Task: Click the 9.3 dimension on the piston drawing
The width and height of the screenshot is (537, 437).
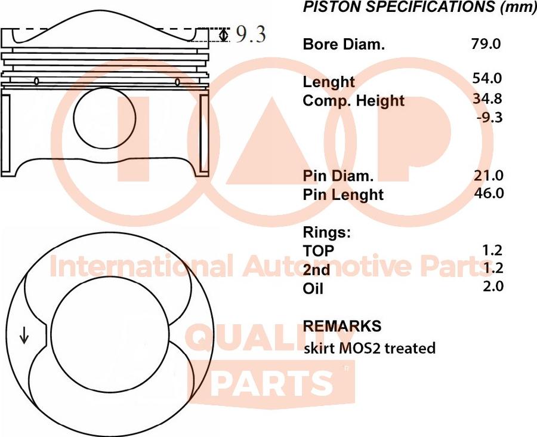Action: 251,35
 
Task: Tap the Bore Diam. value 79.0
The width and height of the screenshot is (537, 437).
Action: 486,44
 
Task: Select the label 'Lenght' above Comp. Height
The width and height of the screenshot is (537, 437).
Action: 329,82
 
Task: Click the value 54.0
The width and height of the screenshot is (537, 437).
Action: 488,78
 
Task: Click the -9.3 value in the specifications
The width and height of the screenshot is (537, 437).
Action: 490,118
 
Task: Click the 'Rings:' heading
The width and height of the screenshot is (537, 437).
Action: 327,232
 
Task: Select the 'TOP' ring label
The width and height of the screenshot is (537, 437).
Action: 319,251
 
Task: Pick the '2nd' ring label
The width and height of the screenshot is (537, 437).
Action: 317,269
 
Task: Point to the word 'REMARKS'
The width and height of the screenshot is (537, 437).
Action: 342,326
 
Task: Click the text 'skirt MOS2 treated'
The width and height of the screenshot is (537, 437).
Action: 369,347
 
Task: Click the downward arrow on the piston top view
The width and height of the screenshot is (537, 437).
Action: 24,337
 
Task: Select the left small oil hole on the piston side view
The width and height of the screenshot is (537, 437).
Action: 37,81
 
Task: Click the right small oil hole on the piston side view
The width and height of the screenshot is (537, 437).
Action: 177,82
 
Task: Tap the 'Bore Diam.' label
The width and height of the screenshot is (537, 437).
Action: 344,44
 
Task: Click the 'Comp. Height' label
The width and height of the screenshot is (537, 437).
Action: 354,101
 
